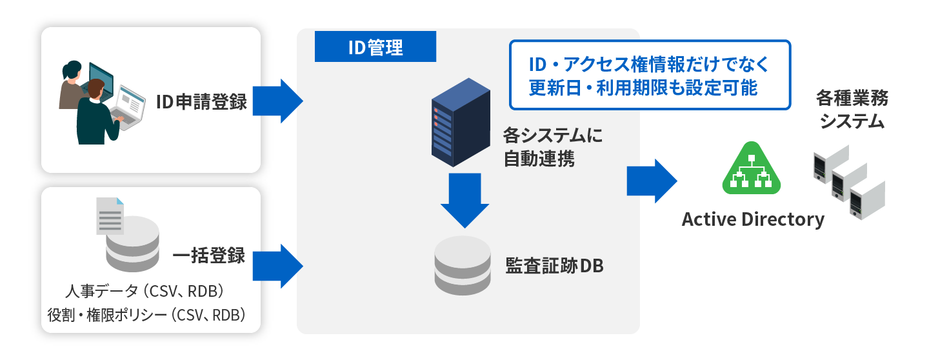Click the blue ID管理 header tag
(375, 47)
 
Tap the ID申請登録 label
(201, 101)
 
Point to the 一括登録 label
(208, 255)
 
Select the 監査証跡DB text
(554, 265)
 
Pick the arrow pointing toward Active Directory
(652, 181)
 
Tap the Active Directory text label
(753, 220)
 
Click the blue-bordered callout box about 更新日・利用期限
(650, 75)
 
